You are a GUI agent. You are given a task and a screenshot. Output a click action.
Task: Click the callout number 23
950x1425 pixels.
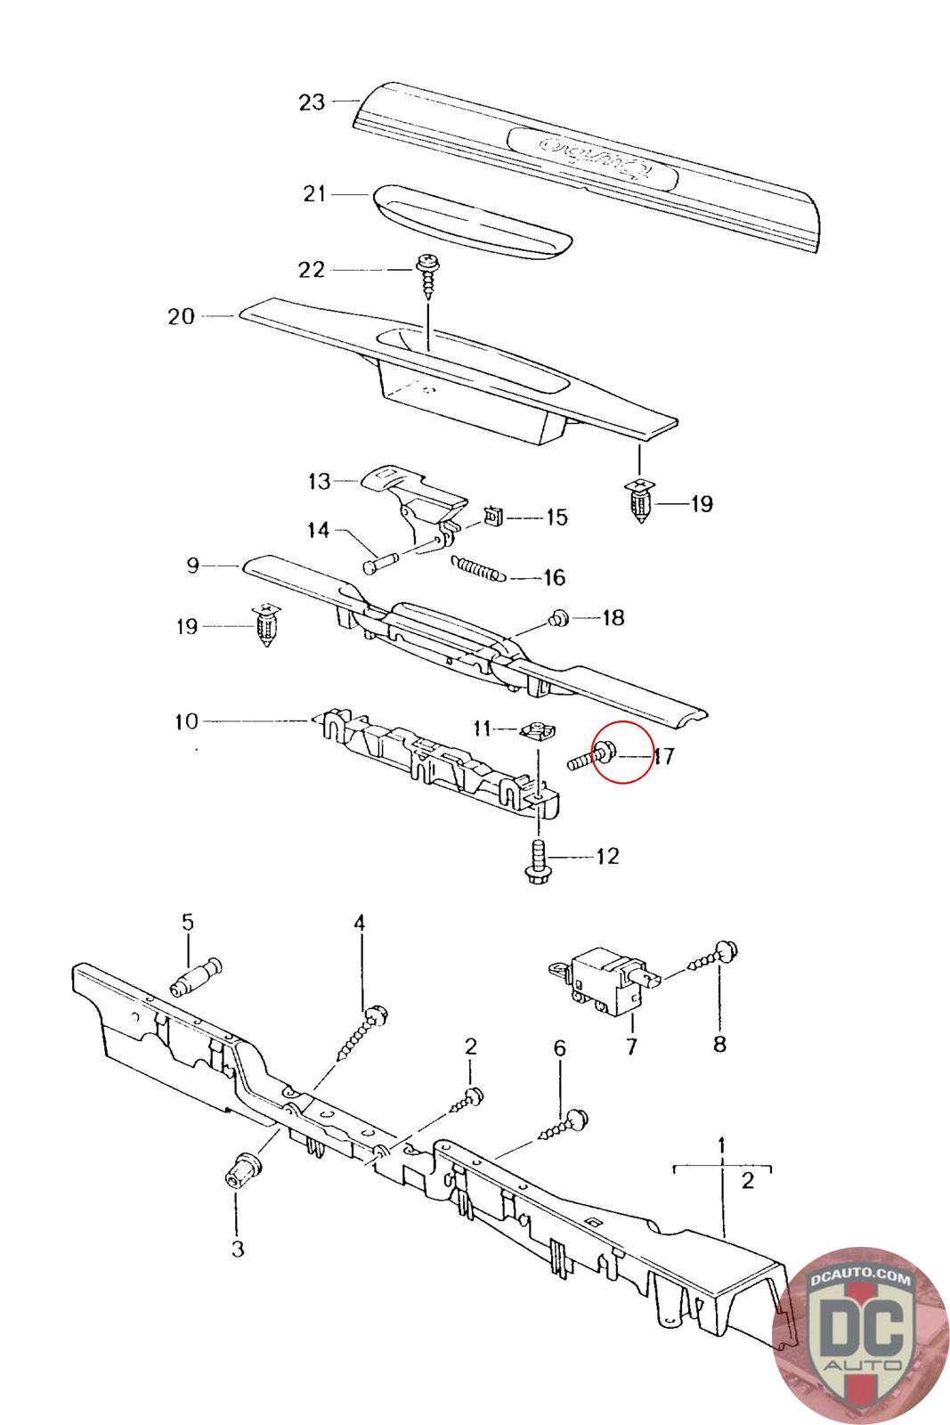312,102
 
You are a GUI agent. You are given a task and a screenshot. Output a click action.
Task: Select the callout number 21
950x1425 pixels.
315,193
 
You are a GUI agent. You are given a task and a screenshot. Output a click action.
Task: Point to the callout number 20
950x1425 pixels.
181,316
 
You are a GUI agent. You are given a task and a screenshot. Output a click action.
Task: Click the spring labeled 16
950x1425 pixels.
479,567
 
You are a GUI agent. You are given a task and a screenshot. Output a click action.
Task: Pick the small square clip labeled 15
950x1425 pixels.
493,516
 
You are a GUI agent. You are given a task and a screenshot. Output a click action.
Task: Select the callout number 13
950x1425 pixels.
319,482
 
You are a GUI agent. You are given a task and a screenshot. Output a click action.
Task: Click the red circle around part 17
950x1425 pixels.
621,752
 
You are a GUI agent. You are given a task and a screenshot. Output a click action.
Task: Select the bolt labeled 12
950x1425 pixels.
538,860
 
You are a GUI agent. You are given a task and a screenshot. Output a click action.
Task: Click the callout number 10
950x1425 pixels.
186,721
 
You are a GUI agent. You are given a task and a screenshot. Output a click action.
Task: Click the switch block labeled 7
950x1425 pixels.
601,981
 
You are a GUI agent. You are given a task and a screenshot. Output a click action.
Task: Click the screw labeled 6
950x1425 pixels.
564,1124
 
